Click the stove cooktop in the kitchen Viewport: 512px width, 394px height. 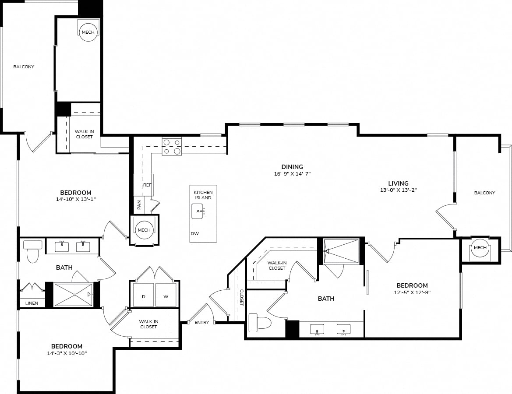pos(172,147)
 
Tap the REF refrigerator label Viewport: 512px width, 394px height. pos(147,185)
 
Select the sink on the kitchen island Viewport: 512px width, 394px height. pos(198,211)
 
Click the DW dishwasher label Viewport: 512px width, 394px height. pos(194,234)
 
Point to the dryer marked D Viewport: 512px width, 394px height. pos(143,295)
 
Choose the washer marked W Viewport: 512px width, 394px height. pos(166,295)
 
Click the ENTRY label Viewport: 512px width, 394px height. pos(202,323)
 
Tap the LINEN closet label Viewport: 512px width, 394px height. pos(32,303)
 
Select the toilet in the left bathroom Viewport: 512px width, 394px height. pos(33,251)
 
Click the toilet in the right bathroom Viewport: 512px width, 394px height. pos(260,323)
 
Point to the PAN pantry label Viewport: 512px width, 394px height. pos(139,205)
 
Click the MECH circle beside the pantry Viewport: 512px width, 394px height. pos(144,230)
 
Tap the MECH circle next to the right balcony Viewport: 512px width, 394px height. pos(480,248)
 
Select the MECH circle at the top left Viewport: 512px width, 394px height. pos(88,32)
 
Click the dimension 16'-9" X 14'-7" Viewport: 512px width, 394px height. pos(292,174)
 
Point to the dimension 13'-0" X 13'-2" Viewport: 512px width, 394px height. pos(399,190)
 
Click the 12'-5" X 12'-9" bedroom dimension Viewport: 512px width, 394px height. pos(413,292)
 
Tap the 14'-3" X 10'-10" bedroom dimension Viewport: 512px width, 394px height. pos(67,353)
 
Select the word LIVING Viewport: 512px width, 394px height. pos(399,183)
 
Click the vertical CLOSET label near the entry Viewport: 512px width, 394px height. pos(242,297)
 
